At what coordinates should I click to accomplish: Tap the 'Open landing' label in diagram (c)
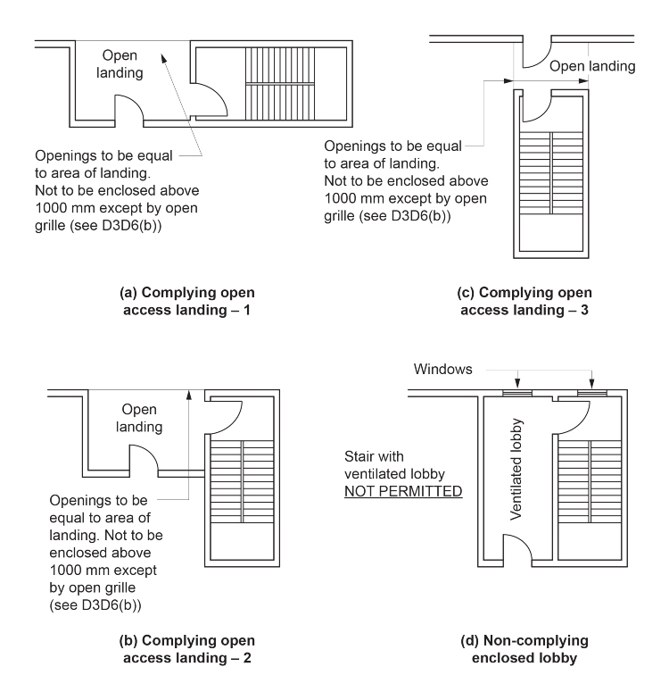coord(591,66)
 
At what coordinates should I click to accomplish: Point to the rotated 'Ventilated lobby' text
coord(516,470)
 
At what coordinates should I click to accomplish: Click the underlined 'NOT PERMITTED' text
coord(406,491)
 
